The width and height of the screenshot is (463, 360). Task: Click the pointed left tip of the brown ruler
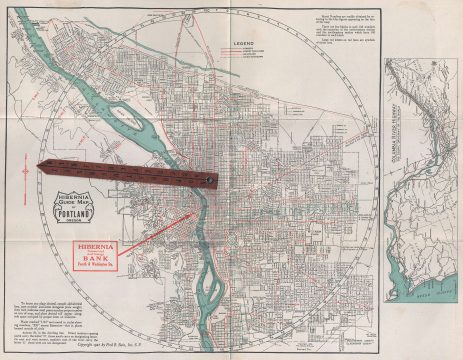click(x=37, y=167)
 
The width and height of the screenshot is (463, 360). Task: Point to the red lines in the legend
click(x=243, y=60)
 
